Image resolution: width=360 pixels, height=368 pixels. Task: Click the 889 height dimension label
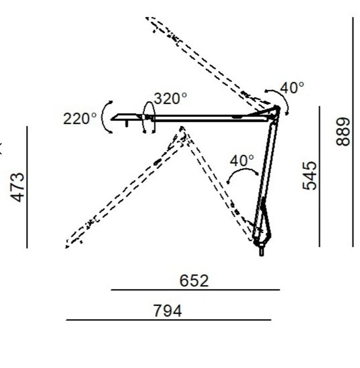343,132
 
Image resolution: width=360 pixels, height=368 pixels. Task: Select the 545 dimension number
309,175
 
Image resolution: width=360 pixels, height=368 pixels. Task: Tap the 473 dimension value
18,187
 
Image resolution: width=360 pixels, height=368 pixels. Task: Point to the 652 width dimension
194,281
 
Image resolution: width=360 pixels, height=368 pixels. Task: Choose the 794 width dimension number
167,311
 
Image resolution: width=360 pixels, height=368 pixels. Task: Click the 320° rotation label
170,98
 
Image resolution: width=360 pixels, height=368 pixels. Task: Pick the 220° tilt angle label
80,118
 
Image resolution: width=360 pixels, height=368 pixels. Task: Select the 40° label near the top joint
292,88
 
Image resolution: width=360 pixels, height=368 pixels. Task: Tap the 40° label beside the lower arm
242,161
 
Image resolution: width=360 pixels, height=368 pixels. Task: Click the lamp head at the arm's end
127,118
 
